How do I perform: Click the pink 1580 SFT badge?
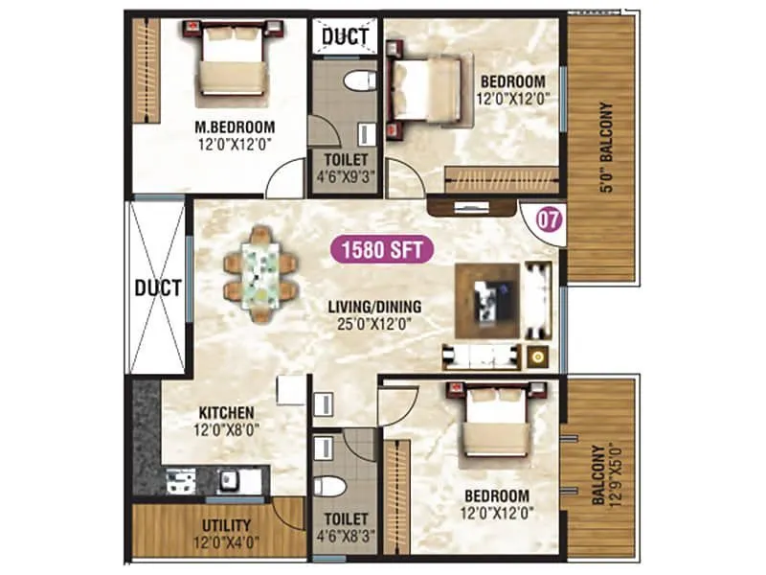point(382,251)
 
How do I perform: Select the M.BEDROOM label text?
point(235,126)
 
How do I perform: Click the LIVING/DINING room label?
point(375,308)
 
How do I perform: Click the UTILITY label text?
point(226,525)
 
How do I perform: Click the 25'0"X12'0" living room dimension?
point(375,325)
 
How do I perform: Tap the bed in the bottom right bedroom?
point(496,427)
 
